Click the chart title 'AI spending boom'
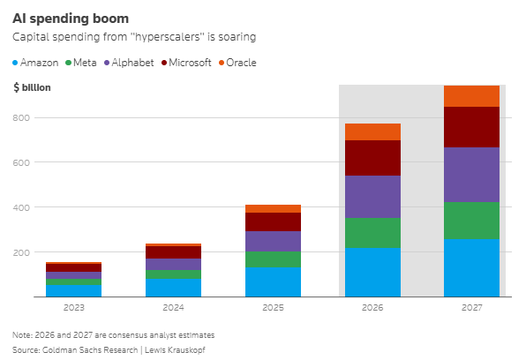71,19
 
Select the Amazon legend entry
35,63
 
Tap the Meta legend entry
81,63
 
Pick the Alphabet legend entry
129,63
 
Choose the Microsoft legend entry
186,63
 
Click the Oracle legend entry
237,63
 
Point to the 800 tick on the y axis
21,117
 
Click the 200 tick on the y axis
21,252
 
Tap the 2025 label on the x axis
273,307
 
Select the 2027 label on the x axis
471,307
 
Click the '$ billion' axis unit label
32,87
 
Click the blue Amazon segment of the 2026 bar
372,272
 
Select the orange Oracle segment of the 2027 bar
471,96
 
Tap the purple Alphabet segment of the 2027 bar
471,175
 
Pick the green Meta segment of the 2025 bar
273,259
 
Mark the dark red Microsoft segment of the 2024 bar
174,252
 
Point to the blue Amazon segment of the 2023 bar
74,291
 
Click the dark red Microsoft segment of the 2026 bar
372,158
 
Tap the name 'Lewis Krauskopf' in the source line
175,350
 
